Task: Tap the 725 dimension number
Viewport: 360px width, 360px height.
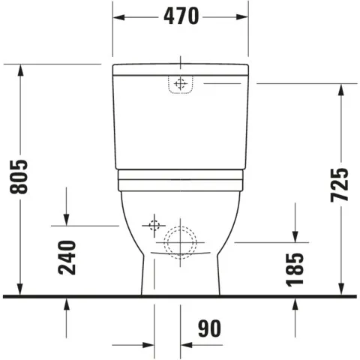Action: point(340,184)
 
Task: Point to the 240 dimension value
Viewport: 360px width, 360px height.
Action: point(67,257)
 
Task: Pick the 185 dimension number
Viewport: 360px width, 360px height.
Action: point(296,268)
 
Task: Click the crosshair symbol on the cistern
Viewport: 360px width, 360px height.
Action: point(179,84)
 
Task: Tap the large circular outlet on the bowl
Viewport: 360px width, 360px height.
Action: point(180,241)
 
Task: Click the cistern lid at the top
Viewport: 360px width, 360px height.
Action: point(180,70)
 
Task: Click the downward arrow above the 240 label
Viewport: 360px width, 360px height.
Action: point(67,218)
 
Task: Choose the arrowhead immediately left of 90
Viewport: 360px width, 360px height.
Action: point(187,345)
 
